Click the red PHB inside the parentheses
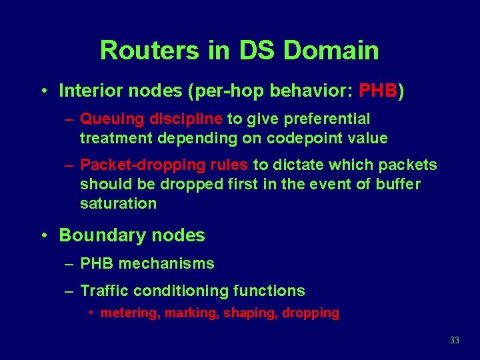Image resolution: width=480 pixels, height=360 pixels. [x=378, y=90]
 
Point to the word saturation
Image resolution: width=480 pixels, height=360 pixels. [x=118, y=203]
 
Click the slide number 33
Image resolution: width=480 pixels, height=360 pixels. [x=455, y=341]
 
